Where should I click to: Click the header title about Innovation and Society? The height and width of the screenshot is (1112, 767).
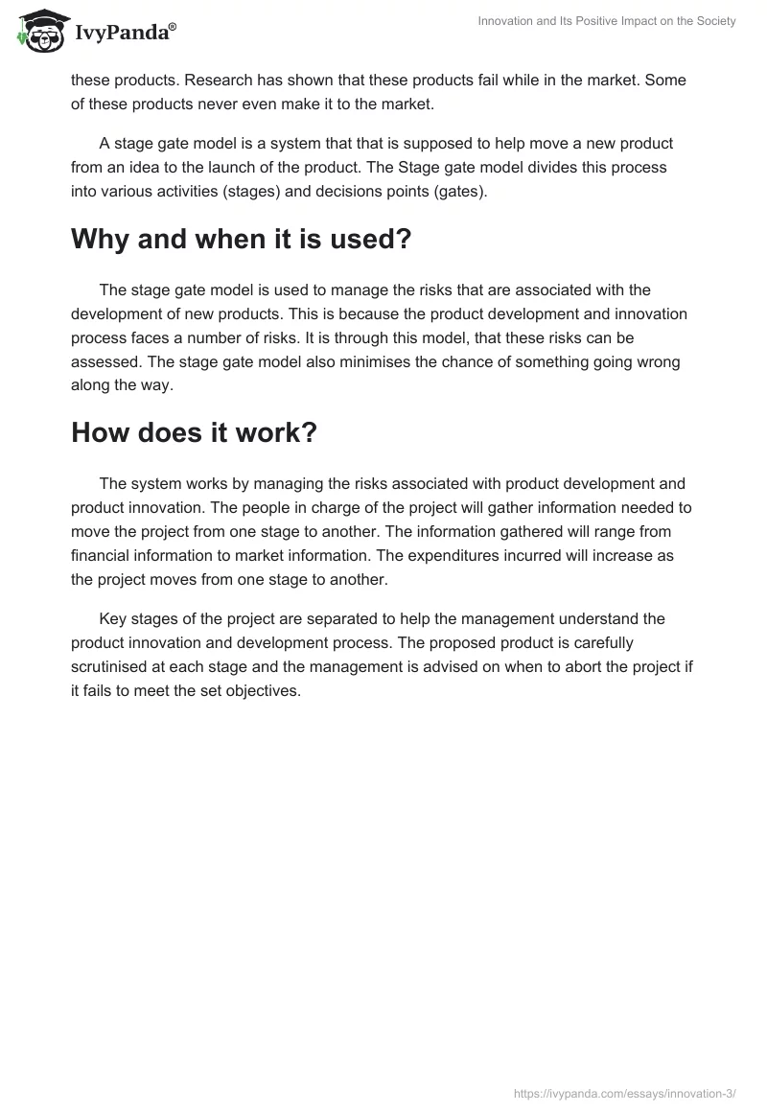click(607, 21)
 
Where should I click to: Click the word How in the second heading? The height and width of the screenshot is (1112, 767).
click(102, 432)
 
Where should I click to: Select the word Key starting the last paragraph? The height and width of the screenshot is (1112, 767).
click(112, 618)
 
